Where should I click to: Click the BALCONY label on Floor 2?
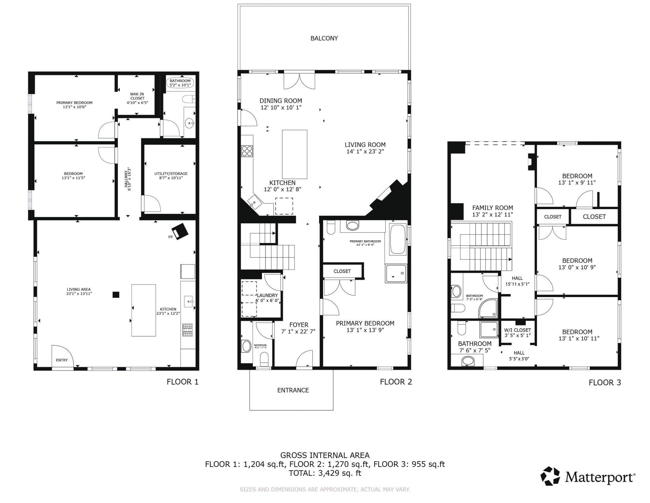point(324,38)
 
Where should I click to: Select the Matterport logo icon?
point(550,476)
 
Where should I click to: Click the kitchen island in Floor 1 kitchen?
point(143,310)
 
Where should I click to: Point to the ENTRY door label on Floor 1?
point(62,360)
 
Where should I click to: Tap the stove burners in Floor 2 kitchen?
point(247,151)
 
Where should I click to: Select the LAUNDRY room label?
point(267,295)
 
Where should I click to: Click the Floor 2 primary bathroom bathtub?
point(397,239)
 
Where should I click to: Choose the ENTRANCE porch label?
point(293,390)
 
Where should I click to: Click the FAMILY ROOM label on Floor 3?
point(492,208)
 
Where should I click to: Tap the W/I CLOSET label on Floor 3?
point(517,330)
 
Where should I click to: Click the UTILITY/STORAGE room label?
point(171,174)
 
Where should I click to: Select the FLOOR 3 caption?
point(604,382)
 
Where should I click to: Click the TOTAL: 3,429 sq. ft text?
point(325,473)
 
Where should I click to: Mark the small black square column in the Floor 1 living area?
point(116,294)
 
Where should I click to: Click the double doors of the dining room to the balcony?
point(300,80)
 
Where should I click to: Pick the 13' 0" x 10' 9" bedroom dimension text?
point(577,267)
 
